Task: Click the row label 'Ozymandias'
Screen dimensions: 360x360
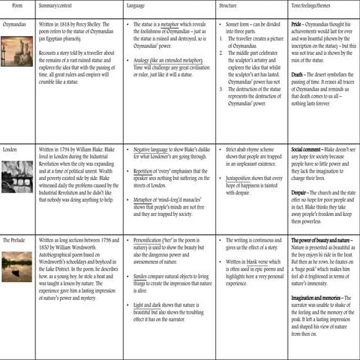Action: [16, 24]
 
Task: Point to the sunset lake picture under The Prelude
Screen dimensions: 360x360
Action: [17, 266]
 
